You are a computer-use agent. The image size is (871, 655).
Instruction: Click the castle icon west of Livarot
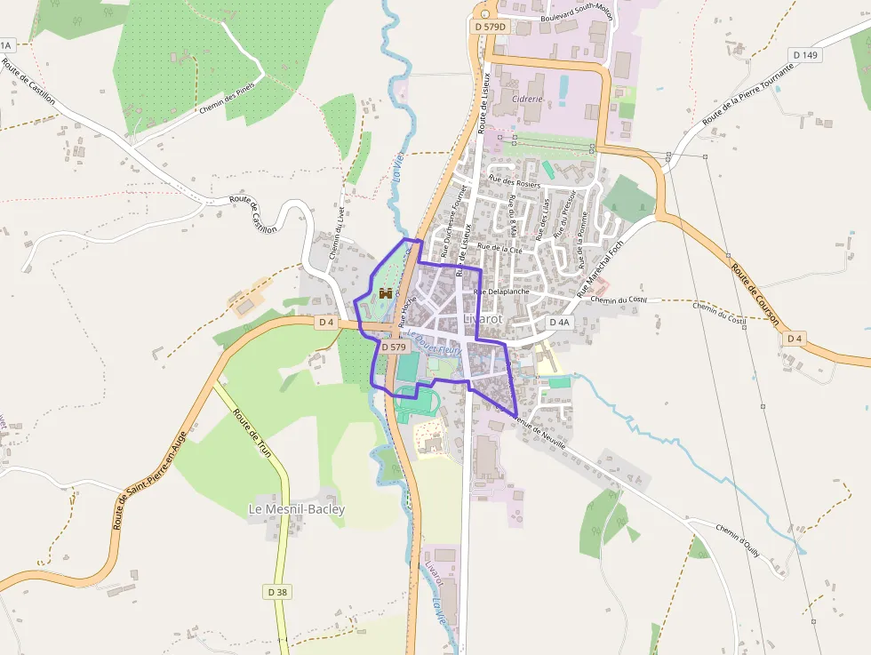coord(386,292)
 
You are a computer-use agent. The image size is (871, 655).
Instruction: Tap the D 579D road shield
coord(490,27)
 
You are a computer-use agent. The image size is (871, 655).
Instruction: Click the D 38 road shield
coord(278,591)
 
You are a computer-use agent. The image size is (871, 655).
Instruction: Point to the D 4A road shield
coord(558,322)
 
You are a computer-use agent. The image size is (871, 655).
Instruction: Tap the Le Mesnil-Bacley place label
coord(296,509)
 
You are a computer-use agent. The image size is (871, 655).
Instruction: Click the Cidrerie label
coord(528,99)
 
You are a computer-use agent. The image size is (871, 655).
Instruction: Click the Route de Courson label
coord(755,294)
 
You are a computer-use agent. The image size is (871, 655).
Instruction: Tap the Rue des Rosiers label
coord(515,182)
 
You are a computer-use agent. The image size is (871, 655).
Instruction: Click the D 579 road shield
coord(394,347)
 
